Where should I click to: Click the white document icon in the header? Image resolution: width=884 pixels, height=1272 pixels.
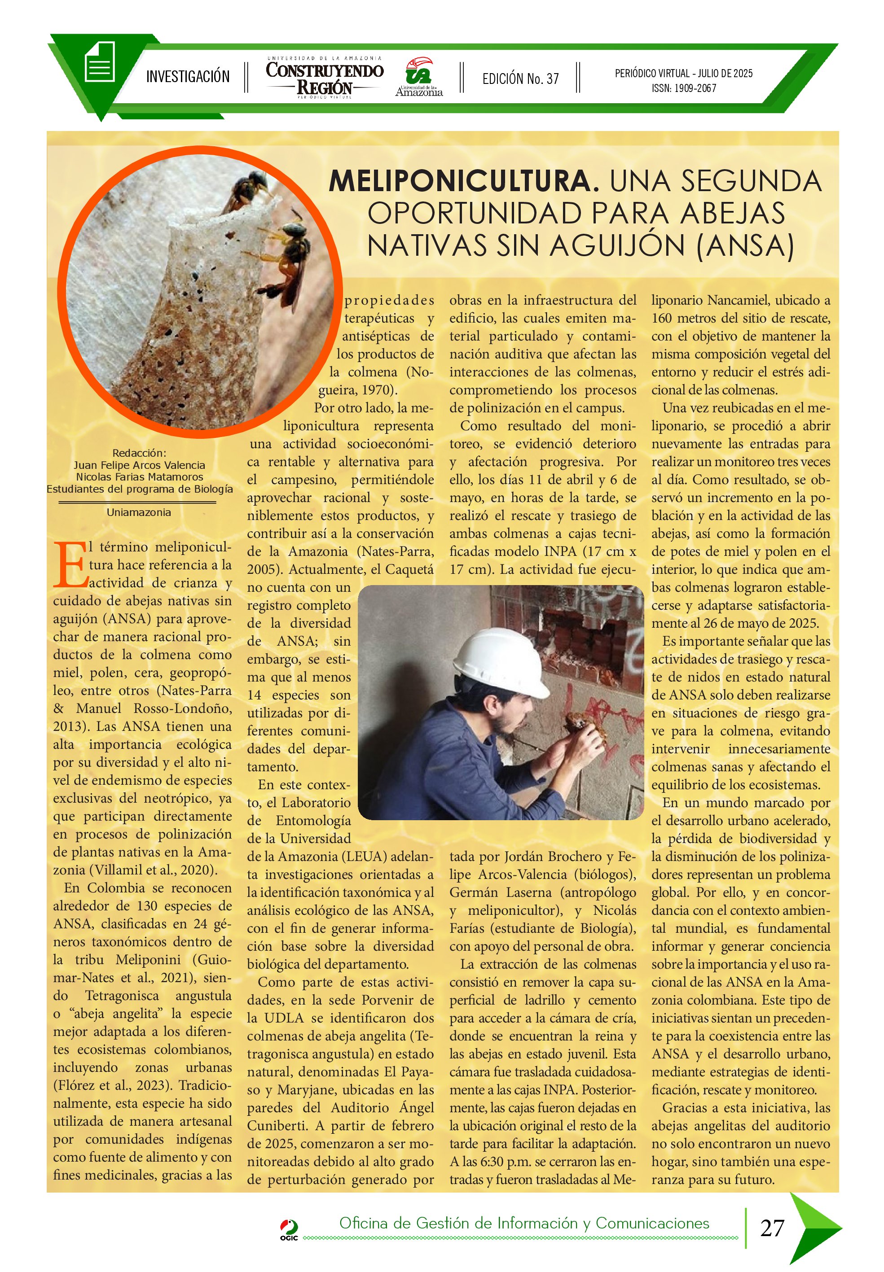[100, 61]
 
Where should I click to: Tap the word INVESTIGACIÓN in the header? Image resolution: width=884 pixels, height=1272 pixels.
[188, 76]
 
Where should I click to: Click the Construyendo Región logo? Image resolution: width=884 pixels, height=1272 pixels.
[325, 78]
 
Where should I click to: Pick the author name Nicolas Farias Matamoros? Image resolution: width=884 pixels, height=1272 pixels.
[139, 477]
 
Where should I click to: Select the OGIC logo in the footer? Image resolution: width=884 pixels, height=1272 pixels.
[289, 1229]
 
